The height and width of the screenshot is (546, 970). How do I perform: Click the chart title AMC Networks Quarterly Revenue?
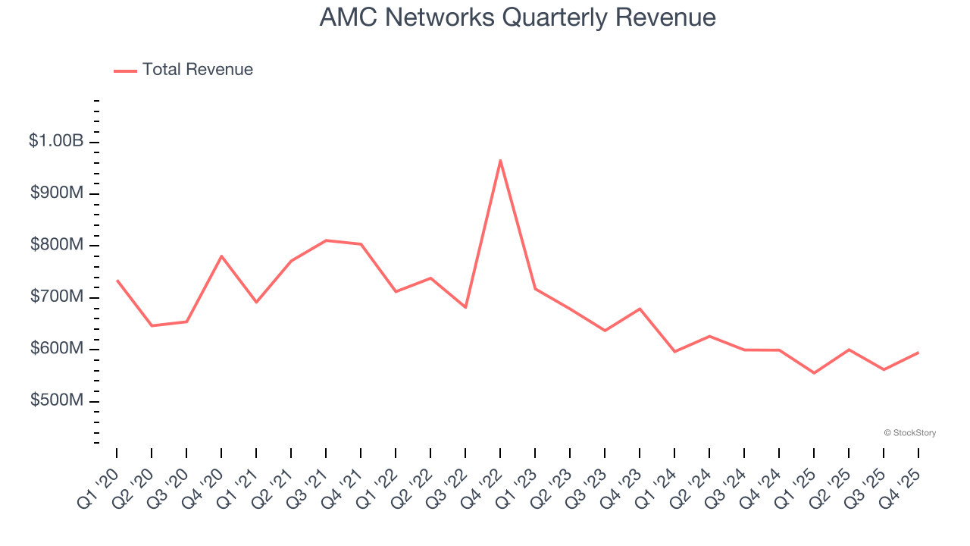point(518,17)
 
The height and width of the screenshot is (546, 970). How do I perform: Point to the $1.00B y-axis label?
point(56,141)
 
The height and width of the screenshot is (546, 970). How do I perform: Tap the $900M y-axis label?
point(57,193)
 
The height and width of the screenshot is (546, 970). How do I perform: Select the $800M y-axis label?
point(57,245)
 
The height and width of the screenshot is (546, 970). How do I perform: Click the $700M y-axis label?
point(57,297)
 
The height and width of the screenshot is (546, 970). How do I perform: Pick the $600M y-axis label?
point(57,349)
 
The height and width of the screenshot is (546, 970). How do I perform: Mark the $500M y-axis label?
point(57,400)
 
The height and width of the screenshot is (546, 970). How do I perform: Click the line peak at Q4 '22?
point(500,160)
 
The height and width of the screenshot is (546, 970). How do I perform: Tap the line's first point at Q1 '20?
point(117,281)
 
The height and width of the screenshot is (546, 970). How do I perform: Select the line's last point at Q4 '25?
point(918,353)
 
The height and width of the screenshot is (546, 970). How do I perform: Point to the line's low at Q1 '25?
point(814,373)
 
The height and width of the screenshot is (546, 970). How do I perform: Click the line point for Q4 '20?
point(221,256)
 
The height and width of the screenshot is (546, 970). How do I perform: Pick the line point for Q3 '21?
point(326,240)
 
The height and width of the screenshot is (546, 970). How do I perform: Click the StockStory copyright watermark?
point(909,433)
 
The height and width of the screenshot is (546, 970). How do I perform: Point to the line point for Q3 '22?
point(465,307)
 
